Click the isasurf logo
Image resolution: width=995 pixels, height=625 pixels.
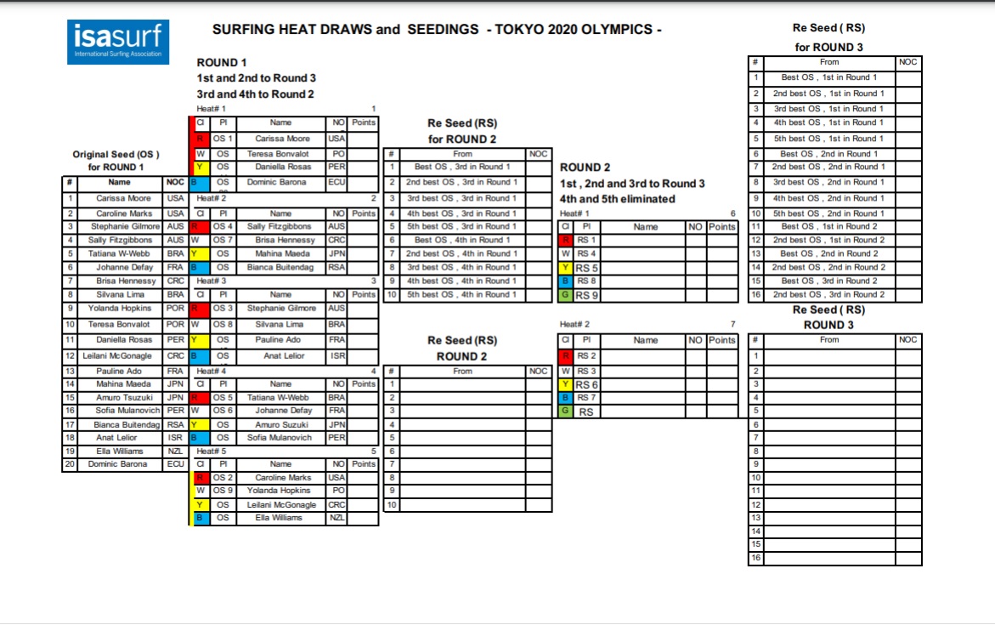pos(118,42)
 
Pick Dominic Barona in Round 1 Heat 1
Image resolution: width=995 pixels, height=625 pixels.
pos(280,182)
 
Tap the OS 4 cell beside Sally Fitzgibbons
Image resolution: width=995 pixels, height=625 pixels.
pos(223,227)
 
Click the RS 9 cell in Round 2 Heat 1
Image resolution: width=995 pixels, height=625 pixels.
pos(587,295)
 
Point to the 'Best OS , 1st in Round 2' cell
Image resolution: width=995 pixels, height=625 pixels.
pos(829,226)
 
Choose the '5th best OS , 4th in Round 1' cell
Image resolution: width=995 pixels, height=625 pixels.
pos(462,294)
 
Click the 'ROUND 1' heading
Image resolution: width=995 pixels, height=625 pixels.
pos(223,63)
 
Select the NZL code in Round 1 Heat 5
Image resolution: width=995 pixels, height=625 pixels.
pos(336,518)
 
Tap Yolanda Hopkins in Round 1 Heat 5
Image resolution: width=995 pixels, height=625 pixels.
pos(280,491)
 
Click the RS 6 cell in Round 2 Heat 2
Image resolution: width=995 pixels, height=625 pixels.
pos(587,384)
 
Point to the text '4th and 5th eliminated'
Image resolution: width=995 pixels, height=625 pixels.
pos(618,199)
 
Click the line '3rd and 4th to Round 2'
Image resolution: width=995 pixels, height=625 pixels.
pos(255,94)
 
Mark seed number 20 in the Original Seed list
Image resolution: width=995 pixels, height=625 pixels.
pos(72,464)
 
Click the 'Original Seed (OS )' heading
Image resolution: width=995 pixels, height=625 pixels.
pos(116,154)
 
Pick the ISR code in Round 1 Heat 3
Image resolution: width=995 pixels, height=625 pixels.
pos(336,356)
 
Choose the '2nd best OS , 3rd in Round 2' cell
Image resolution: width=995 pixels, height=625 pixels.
pos(829,294)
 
